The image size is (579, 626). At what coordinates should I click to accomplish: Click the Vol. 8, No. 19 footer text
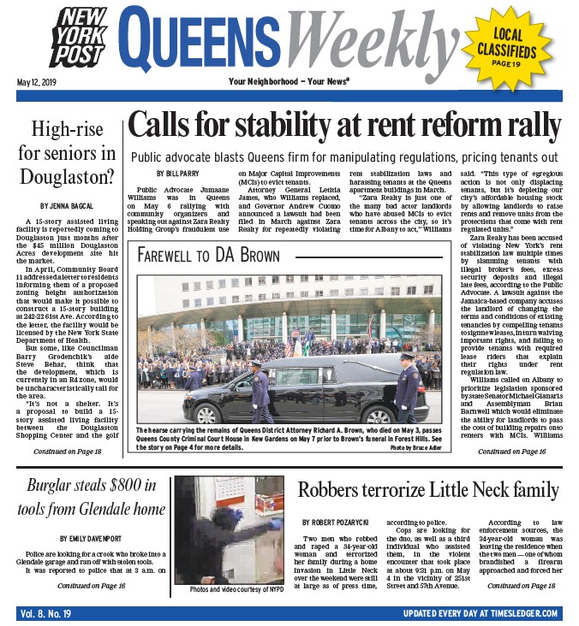[47, 614]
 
